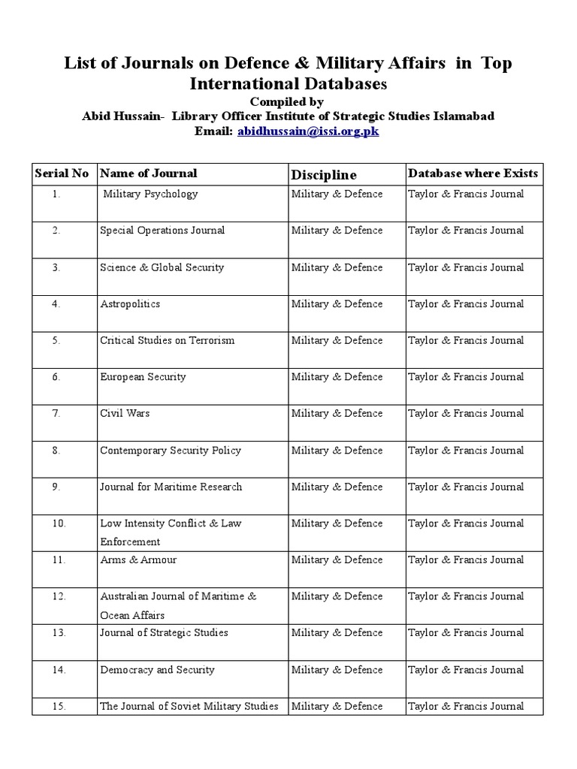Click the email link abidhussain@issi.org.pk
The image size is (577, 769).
[308, 131]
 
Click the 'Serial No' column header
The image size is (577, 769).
[62, 173]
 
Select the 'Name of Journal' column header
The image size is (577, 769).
[149, 173]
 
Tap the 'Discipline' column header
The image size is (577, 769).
[324, 175]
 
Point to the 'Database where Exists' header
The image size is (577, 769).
[473, 173]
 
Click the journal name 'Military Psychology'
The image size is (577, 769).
[150, 194]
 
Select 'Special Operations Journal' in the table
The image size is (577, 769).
[162, 231]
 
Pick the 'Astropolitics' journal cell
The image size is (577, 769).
[130, 304]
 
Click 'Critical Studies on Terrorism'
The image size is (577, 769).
[167, 340]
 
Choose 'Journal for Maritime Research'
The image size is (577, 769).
[171, 487]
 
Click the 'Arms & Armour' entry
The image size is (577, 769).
[138, 560]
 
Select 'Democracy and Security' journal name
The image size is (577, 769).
[157, 670]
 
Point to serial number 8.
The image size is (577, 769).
[56, 451]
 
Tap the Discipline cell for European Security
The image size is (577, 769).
[337, 377]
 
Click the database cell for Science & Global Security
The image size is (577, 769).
[466, 267]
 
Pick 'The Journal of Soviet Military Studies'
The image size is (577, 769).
[189, 706]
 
